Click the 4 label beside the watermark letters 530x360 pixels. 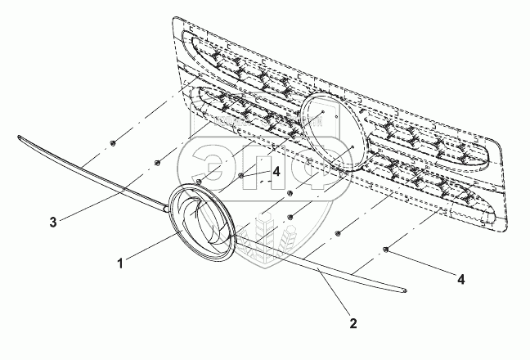[277, 172]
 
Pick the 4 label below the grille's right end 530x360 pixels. [461, 279]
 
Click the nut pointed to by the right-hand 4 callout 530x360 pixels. [385, 249]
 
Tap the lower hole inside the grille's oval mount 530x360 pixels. [350, 146]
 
